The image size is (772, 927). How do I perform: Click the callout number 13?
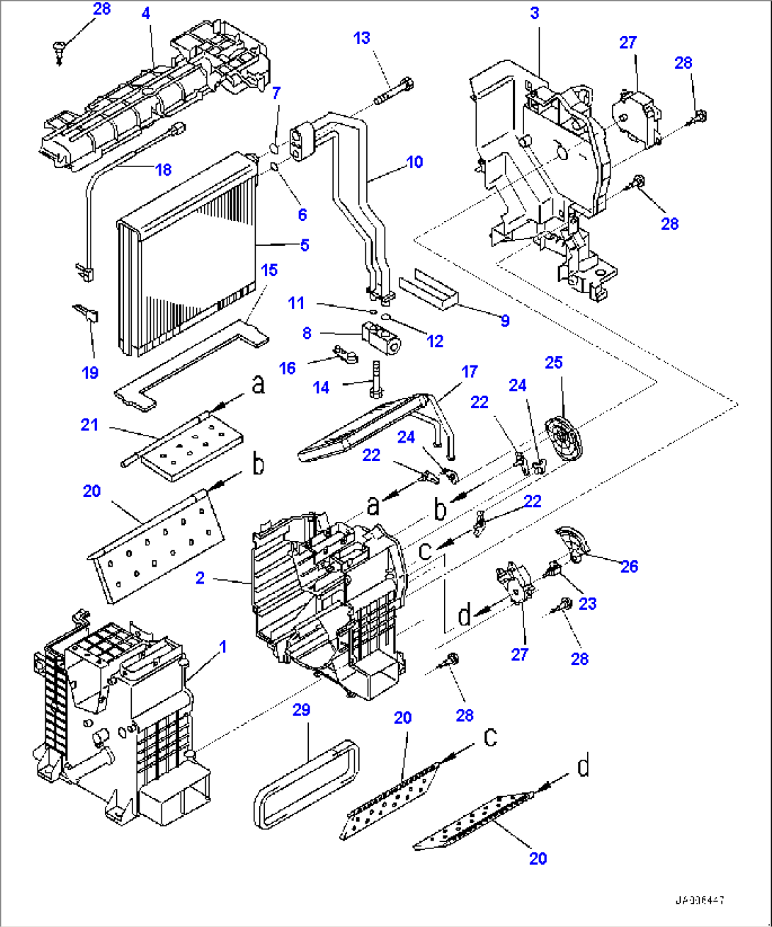[362, 38]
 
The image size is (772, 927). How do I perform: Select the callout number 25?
[553, 363]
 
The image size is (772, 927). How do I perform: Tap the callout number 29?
[301, 710]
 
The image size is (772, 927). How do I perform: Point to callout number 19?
[90, 373]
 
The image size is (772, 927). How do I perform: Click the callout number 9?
[504, 321]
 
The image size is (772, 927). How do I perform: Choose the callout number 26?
[628, 566]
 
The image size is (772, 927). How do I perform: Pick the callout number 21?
[89, 425]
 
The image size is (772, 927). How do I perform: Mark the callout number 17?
[469, 371]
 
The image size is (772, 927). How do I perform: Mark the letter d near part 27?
[464, 615]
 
